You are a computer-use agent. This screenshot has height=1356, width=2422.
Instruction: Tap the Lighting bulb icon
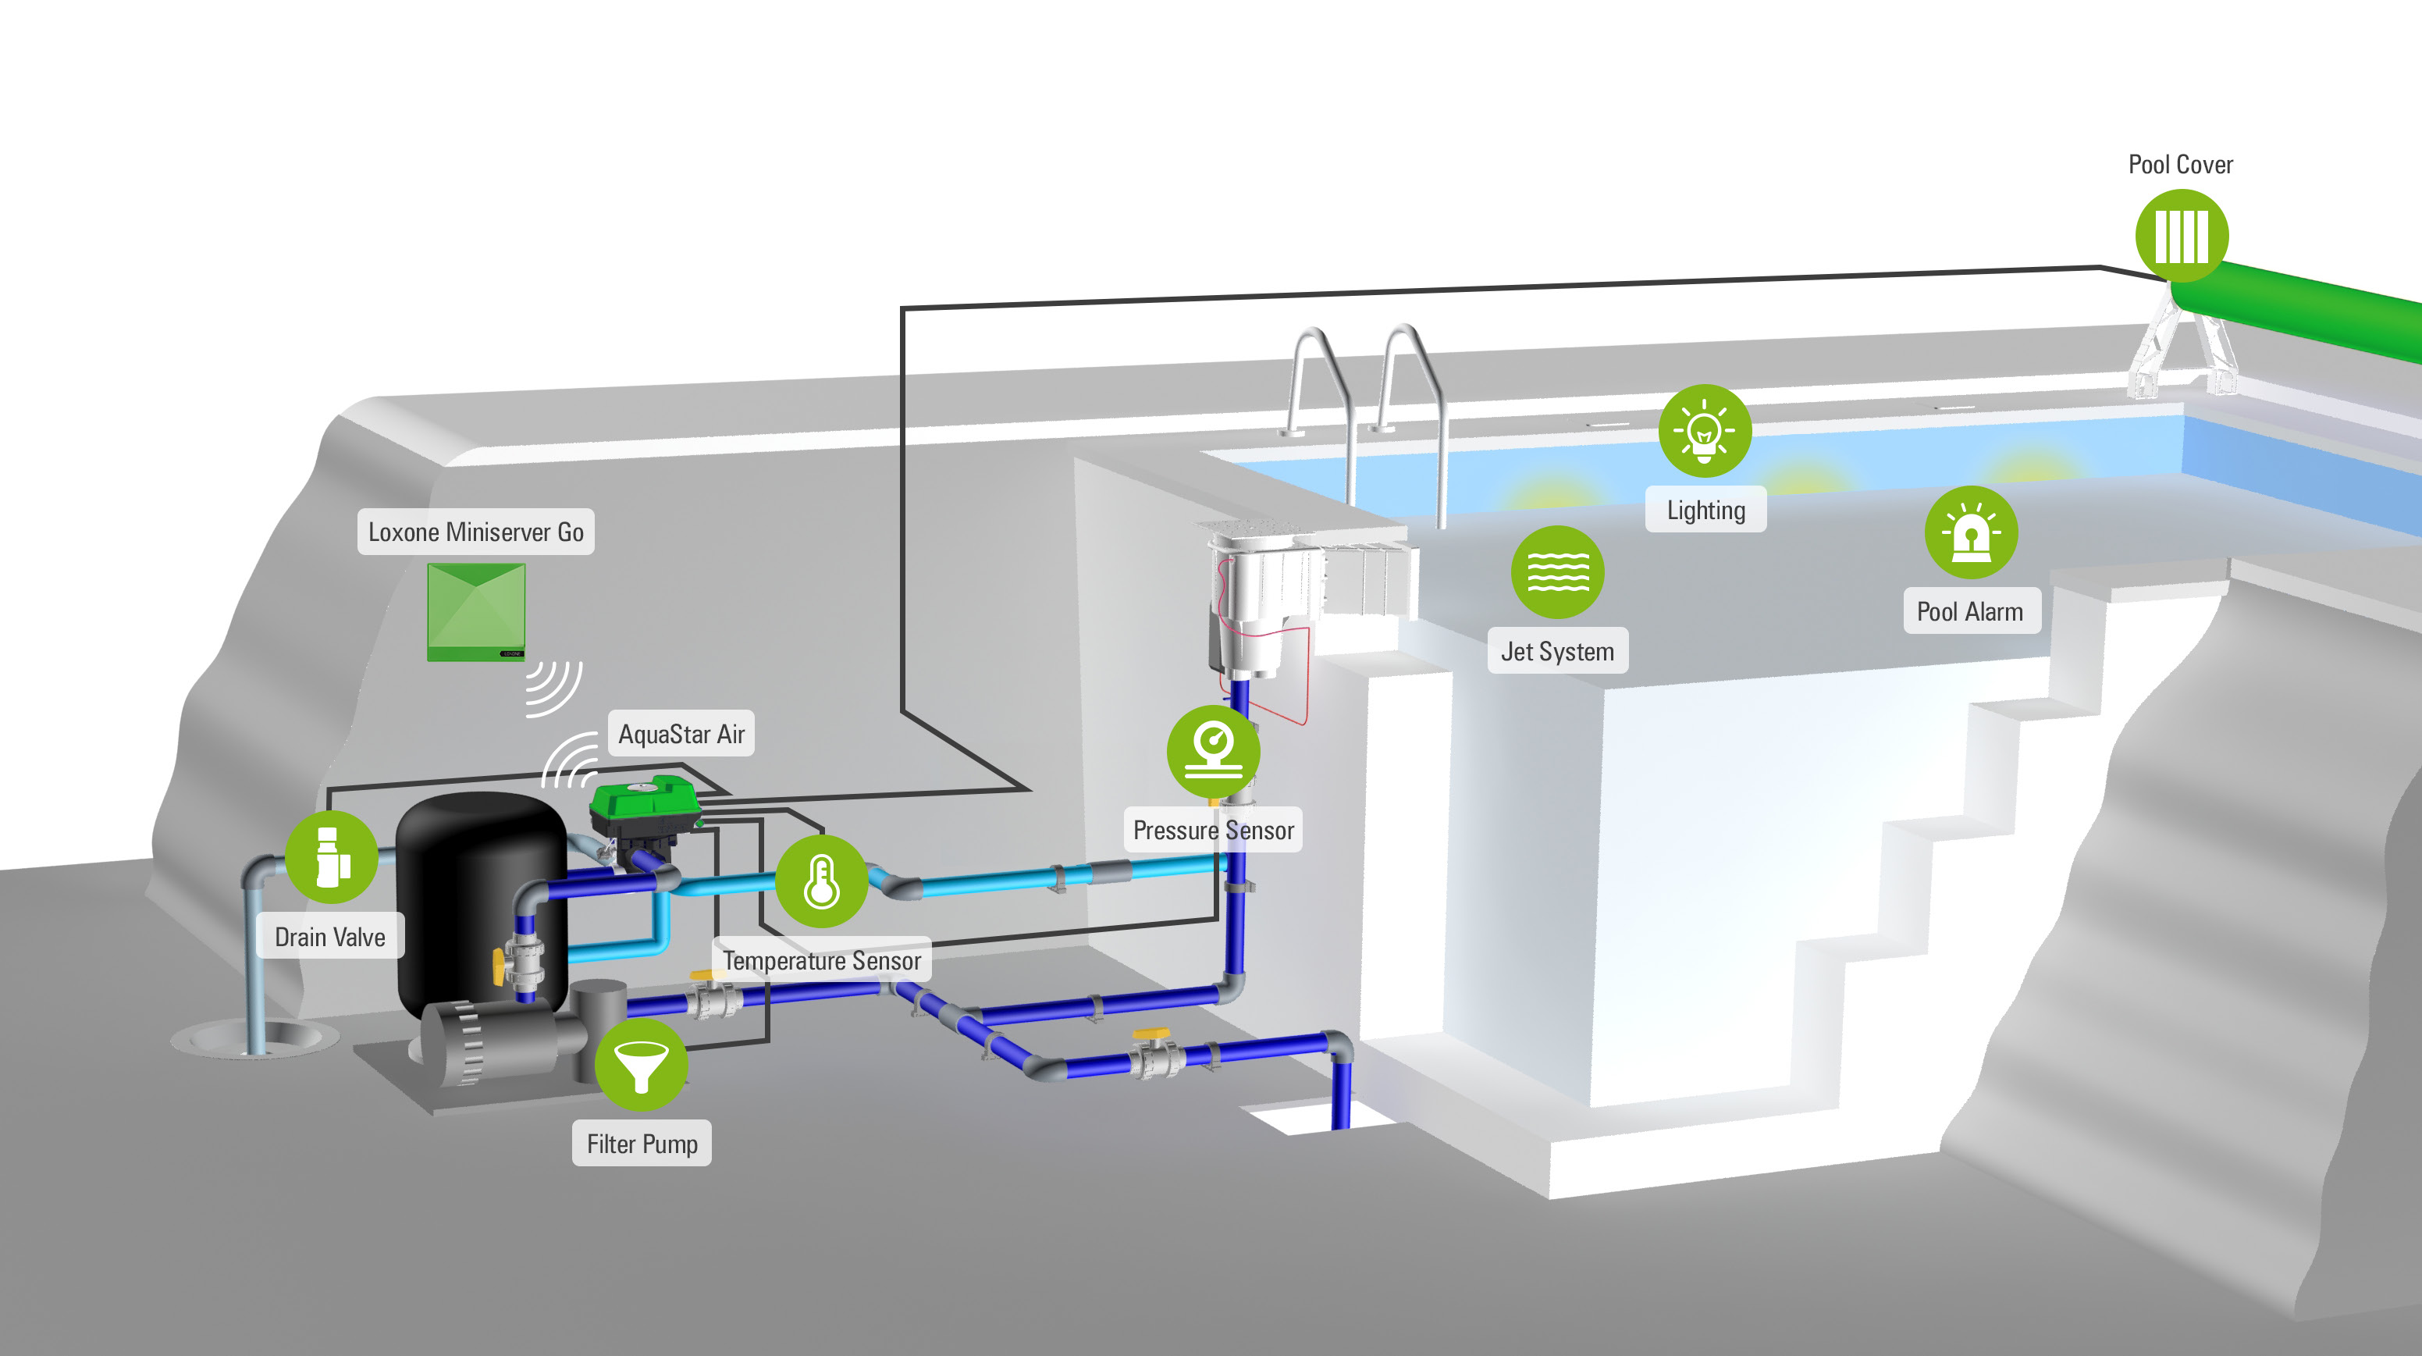(1704, 431)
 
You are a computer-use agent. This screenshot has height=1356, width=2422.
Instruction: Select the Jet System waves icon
(1557, 571)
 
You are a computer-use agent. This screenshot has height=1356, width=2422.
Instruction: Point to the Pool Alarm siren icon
(1971, 532)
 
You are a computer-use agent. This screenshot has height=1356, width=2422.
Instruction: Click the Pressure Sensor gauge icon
(1213, 751)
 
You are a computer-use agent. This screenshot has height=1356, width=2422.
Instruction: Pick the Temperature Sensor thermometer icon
(821, 882)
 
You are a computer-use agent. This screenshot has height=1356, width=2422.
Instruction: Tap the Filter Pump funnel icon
(642, 1065)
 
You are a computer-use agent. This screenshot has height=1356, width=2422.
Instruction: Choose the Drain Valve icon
(331, 856)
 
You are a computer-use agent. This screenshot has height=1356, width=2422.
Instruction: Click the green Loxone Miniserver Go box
(476, 611)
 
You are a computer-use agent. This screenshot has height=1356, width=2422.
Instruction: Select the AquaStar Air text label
(681, 734)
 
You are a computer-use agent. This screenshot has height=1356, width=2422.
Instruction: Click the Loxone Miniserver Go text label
(476, 532)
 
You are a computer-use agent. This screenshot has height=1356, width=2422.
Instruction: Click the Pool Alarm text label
(1971, 611)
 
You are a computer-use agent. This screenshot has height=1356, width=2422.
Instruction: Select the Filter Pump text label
(642, 1144)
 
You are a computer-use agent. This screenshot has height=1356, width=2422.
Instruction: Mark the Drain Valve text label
(330, 937)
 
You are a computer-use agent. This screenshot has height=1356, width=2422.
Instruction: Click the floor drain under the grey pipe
(254, 1039)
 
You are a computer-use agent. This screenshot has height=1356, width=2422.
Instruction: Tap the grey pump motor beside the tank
(498, 1039)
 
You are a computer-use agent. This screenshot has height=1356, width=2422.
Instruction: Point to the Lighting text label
(1705, 510)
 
